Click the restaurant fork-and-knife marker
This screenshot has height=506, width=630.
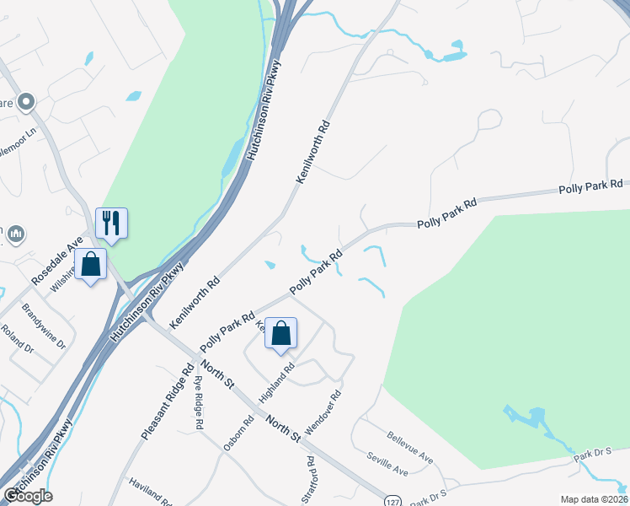111,223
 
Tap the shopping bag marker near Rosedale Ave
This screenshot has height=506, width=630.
90,264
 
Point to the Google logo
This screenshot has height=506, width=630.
28,496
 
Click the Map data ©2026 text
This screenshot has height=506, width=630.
594,499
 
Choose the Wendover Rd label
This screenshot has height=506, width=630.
323,412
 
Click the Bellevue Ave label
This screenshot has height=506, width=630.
410,448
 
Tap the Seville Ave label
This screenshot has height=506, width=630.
387,465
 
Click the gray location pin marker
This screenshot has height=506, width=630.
25,102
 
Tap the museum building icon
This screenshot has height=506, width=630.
17,234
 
